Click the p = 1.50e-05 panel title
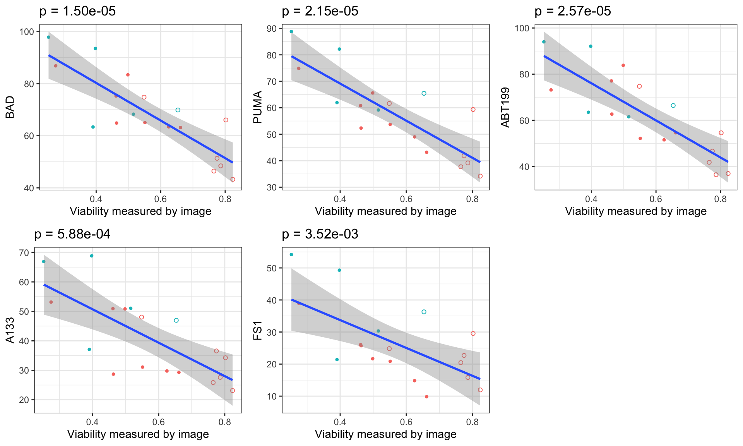click(77, 11)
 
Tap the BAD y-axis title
click(10, 107)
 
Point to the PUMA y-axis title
click(258, 107)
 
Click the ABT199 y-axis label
click(505, 107)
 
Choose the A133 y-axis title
click(10, 330)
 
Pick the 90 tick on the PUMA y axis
click(272, 29)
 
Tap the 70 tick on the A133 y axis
click(24, 253)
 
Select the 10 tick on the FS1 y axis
click(272, 396)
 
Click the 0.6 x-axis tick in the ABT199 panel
click(656, 199)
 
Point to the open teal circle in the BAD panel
click(178, 110)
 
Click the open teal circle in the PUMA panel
click(424, 93)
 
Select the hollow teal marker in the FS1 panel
click(424, 312)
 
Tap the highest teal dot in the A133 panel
click(92, 256)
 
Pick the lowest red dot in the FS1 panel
click(426, 397)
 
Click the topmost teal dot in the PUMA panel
click(291, 32)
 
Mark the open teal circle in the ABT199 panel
click(673, 106)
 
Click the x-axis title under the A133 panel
click(138, 434)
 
